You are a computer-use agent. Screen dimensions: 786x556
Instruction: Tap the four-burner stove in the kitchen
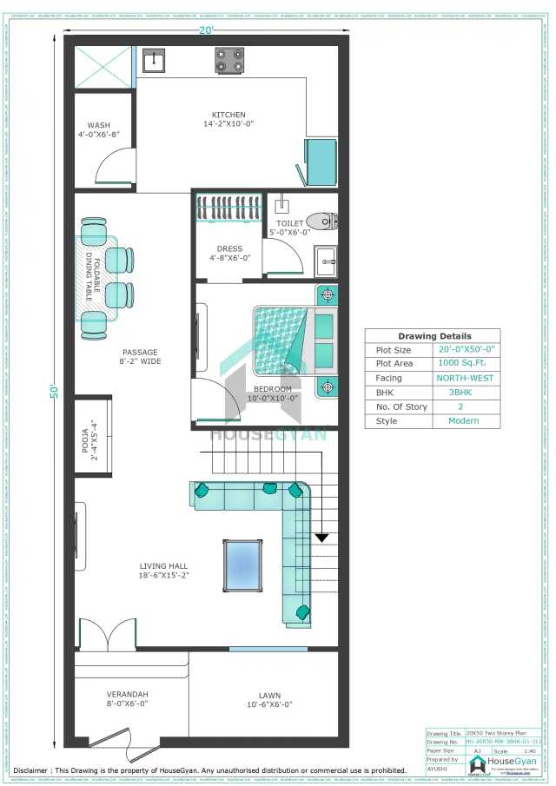(x=229, y=60)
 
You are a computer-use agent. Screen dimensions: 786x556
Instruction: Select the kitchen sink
(x=156, y=60)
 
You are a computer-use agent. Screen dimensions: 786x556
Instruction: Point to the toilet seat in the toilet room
(x=320, y=221)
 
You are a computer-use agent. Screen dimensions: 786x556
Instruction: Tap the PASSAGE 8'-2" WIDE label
(x=140, y=357)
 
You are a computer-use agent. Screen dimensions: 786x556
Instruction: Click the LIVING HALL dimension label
(x=164, y=570)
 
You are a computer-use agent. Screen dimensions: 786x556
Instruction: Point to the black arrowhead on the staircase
(x=322, y=538)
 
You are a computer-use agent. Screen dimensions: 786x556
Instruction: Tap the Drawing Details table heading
(x=434, y=336)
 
